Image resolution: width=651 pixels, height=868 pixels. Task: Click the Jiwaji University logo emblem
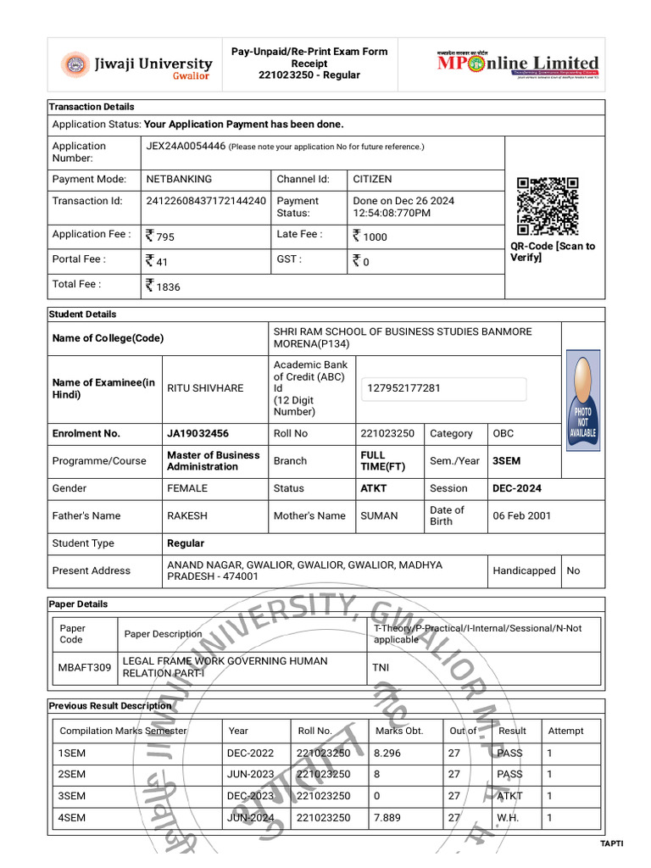[x=74, y=64]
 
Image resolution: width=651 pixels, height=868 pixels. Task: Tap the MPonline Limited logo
[x=518, y=64]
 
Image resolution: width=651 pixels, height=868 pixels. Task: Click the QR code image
[x=548, y=206]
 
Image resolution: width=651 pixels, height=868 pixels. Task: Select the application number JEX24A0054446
[x=186, y=146]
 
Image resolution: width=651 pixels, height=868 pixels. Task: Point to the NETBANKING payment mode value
[x=179, y=179]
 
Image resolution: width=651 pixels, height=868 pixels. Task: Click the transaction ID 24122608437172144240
[x=206, y=201]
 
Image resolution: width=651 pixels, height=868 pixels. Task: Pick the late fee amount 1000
[x=370, y=236]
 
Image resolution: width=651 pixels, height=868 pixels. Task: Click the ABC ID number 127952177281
[x=403, y=388]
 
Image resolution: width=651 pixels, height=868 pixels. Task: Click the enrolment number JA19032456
[x=198, y=433]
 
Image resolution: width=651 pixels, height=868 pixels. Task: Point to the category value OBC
[x=504, y=433]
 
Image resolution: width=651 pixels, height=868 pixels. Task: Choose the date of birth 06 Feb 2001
[x=521, y=515]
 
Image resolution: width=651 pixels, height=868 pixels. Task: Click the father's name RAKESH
[x=186, y=515]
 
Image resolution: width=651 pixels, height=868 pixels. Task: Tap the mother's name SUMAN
[x=379, y=515]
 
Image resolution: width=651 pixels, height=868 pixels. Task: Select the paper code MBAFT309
[x=84, y=667]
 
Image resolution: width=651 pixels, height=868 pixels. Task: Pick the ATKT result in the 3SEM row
[x=510, y=796]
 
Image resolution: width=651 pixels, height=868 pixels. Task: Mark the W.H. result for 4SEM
[x=509, y=818]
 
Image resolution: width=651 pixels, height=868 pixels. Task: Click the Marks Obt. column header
[x=398, y=731]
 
